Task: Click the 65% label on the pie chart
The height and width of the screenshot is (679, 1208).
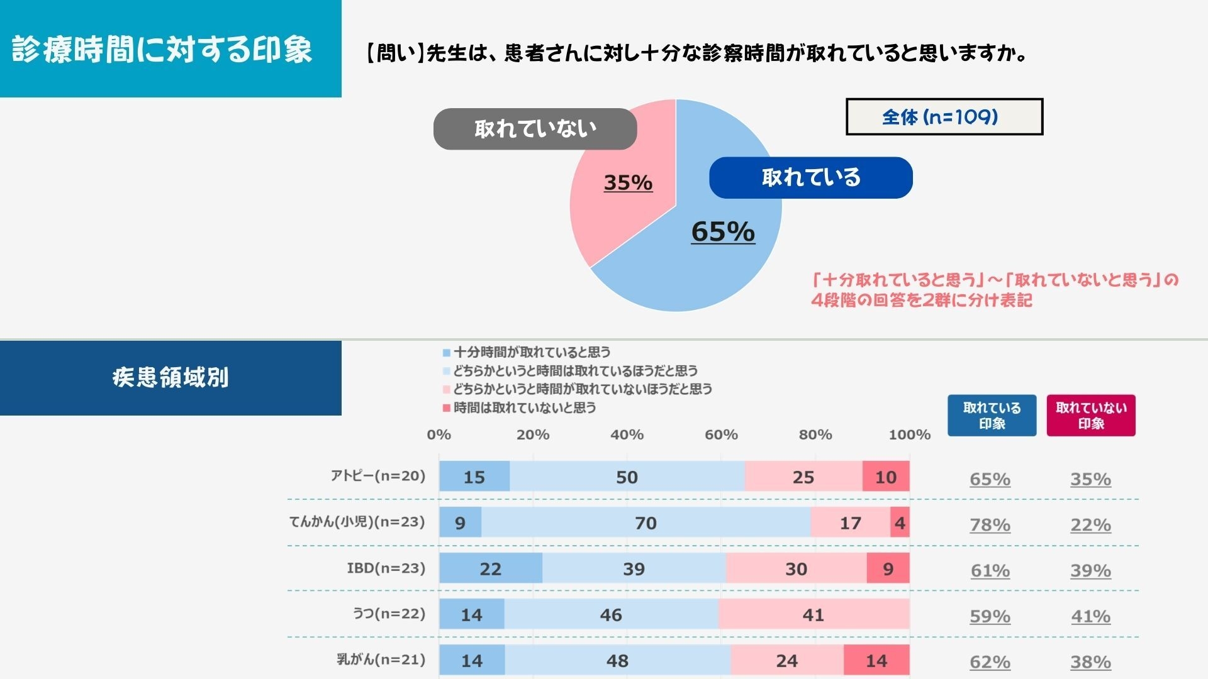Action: (723, 231)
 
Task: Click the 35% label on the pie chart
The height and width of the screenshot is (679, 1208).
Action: (628, 182)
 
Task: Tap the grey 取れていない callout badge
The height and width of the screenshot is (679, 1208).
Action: (535, 129)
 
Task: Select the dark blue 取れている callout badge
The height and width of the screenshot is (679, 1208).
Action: (810, 178)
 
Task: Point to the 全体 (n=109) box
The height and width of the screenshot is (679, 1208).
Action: (944, 117)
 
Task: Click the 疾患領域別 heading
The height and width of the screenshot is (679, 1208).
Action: (171, 378)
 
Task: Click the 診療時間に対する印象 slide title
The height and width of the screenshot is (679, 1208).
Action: (162, 49)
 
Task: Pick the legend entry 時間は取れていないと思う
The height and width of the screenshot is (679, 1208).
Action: (524, 407)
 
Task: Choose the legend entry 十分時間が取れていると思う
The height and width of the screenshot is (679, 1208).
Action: (532, 352)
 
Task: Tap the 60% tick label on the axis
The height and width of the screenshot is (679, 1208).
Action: (721, 434)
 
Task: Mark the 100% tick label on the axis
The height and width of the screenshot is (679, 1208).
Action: (909, 434)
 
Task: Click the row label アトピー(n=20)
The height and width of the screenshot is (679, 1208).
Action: (378, 476)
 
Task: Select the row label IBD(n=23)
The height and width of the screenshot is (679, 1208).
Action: (386, 568)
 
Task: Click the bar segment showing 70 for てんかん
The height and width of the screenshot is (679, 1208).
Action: (646, 522)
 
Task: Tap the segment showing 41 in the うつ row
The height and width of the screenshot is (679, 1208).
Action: (813, 614)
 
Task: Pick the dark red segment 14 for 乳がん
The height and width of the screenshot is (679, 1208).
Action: (876, 660)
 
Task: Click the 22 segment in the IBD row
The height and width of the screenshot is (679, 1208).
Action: (490, 568)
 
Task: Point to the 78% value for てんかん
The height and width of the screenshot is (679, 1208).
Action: (990, 524)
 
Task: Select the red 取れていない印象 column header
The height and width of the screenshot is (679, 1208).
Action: (1091, 416)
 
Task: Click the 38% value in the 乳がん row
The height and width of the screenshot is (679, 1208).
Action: (1090, 661)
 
